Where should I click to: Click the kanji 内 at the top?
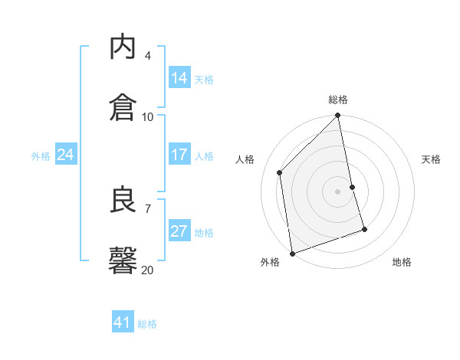click(x=123, y=47)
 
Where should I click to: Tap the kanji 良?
click(x=123, y=201)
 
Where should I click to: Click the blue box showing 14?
click(x=179, y=78)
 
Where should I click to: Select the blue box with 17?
click(x=179, y=155)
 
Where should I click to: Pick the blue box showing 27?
click(x=179, y=231)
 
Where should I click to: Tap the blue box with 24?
click(x=66, y=155)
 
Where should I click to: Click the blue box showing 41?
click(x=123, y=322)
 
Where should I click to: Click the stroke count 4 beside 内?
click(x=148, y=56)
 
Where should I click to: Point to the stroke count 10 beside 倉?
click(x=148, y=117)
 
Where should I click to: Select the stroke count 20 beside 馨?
click(x=148, y=270)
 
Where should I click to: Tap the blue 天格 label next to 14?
click(x=204, y=80)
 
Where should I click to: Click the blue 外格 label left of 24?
click(x=41, y=156)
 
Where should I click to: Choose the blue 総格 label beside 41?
click(x=147, y=324)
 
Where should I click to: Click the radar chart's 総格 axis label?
click(x=338, y=100)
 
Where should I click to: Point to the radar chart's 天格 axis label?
click(x=431, y=159)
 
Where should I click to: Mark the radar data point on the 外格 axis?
click(x=292, y=253)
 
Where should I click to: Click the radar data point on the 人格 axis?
click(x=280, y=172)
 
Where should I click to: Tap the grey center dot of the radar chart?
click(x=338, y=191)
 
